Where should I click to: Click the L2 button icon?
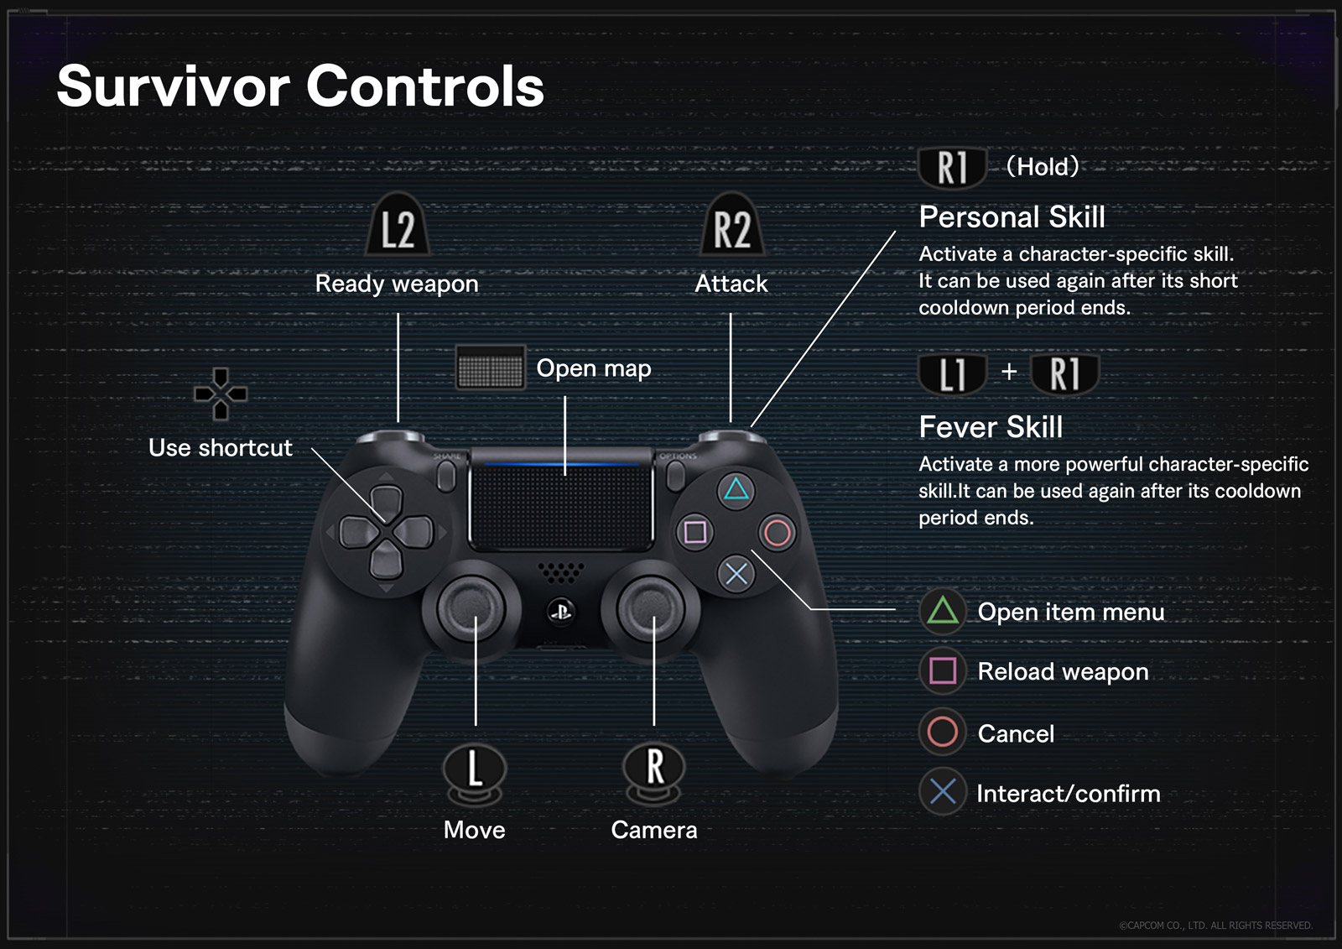coord(398,224)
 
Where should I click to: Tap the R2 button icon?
coord(731,224)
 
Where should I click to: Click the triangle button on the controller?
coord(736,489)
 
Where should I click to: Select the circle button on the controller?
coord(778,532)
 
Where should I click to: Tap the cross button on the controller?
coord(736,574)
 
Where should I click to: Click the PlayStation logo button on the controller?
coord(560,611)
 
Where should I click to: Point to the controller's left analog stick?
coord(464,606)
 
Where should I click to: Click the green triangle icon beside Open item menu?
coord(943,611)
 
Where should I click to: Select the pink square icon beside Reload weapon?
coord(943,670)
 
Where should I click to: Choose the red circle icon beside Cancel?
coord(943,732)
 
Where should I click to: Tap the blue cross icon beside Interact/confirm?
coord(943,791)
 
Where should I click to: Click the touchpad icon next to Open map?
coord(491,368)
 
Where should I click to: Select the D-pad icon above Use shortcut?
coord(221,394)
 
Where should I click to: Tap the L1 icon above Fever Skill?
coord(953,373)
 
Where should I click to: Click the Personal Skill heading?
coord(1012,217)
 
